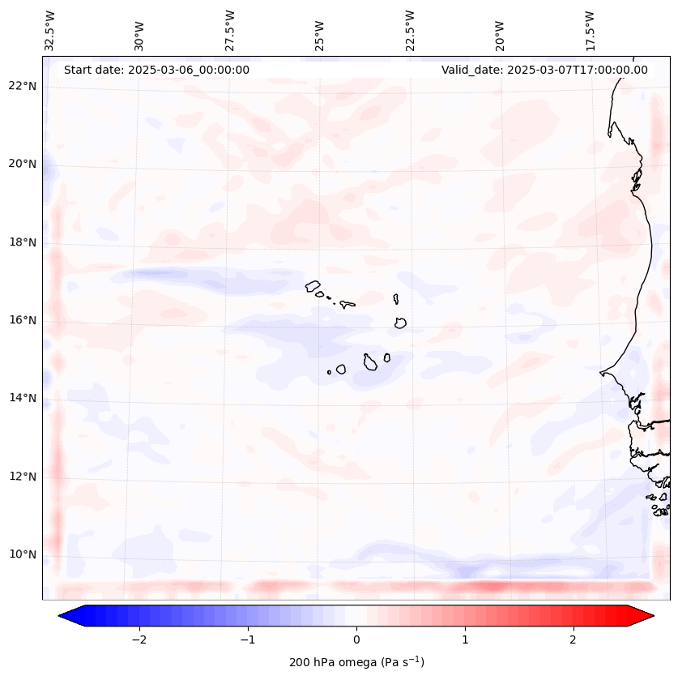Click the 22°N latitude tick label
coord(23,86)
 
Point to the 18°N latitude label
coord(23,242)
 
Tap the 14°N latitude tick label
coord(23,398)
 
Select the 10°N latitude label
coord(23,554)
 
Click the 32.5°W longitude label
coord(50,31)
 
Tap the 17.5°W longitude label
coord(590,31)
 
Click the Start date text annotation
coord(156,70)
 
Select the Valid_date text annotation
coord(544,70)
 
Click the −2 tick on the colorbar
coord(139,639)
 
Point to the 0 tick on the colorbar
coord(356,639)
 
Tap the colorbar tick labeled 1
coord(465,639)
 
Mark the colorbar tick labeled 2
coord(574,639)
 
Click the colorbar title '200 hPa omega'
coord(356,662)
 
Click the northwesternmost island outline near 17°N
coord(313,285)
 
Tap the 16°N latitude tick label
coord(23,320)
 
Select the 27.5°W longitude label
coord(230,31)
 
